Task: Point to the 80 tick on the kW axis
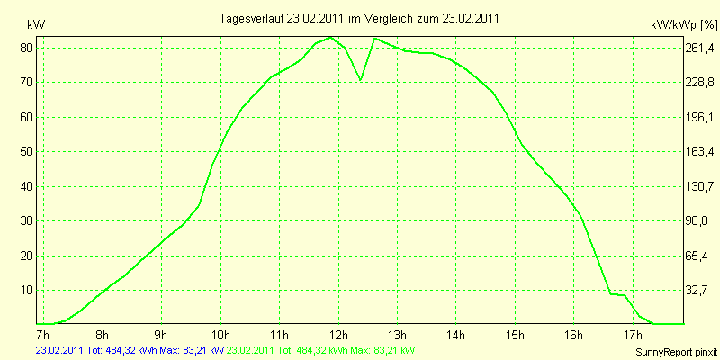click(x=27, y=48)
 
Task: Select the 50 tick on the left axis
click(x=27, y=152)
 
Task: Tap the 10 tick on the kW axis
click(x=27, y=291)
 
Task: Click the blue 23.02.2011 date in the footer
click(x=59, y=349)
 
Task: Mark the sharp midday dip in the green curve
click(x=361, y=79)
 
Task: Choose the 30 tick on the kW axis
click(x=27, y=221)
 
